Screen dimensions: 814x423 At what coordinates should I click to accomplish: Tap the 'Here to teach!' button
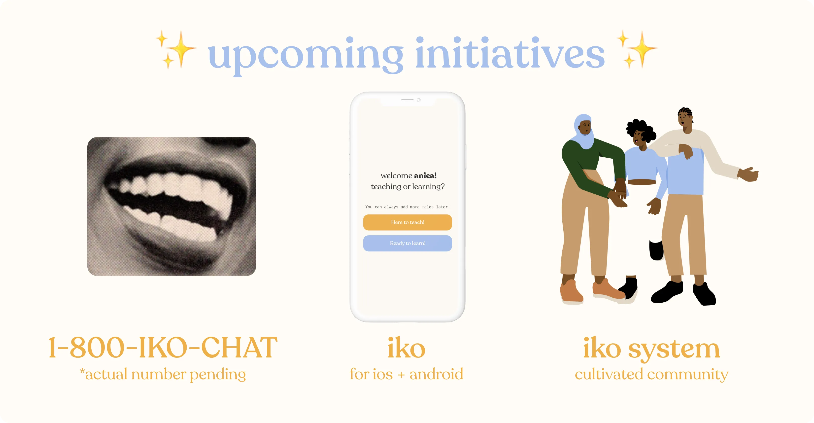[x=407, y=222]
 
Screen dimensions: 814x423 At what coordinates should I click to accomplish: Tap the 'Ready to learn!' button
[x=407, y=243]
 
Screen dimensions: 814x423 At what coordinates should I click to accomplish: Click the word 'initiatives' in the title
[x=510, y=52]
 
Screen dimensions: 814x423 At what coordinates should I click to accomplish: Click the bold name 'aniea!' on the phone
[x=425, y=176]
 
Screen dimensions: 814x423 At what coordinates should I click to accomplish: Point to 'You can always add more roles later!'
[x=407, y=207]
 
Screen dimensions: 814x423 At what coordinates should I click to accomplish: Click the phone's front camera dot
[x=419, y=100]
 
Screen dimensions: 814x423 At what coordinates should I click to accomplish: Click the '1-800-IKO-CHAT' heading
[x=163, y=348]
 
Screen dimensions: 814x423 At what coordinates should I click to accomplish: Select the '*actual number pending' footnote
[x=163, y=374]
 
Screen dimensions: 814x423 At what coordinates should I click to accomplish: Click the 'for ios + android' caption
[x=406, y=374]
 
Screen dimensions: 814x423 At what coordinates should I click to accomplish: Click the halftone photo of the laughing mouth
[x=171, y=207]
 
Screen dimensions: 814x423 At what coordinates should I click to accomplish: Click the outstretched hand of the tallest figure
[x=748, y=175]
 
